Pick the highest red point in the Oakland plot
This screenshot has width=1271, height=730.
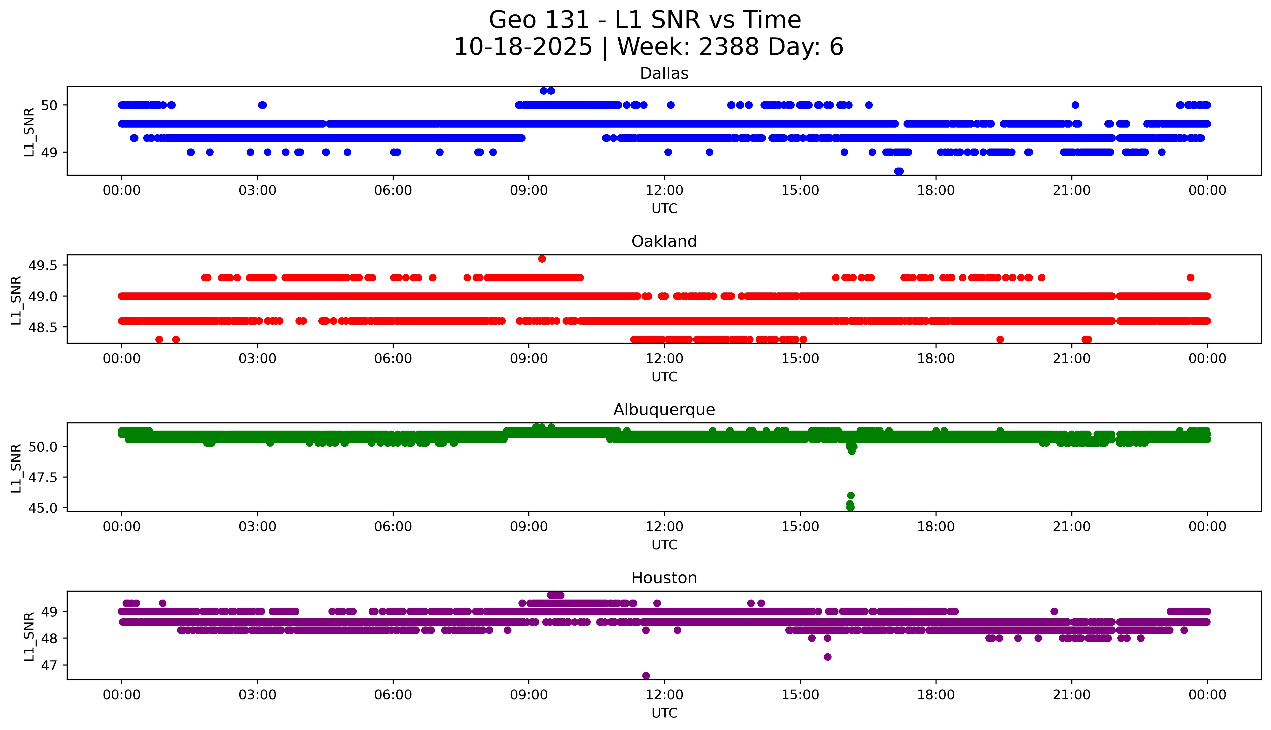(542, 259)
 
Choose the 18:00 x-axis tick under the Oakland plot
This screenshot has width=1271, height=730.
(936, 358)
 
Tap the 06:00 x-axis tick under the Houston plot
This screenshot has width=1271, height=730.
(393, 695)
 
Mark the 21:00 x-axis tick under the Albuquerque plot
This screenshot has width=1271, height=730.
(1071, 527)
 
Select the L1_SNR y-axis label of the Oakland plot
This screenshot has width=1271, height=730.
(16, 300)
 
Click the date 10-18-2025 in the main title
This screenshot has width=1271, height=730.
(523, 47)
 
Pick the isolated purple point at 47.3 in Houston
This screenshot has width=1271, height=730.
(828, 657)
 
